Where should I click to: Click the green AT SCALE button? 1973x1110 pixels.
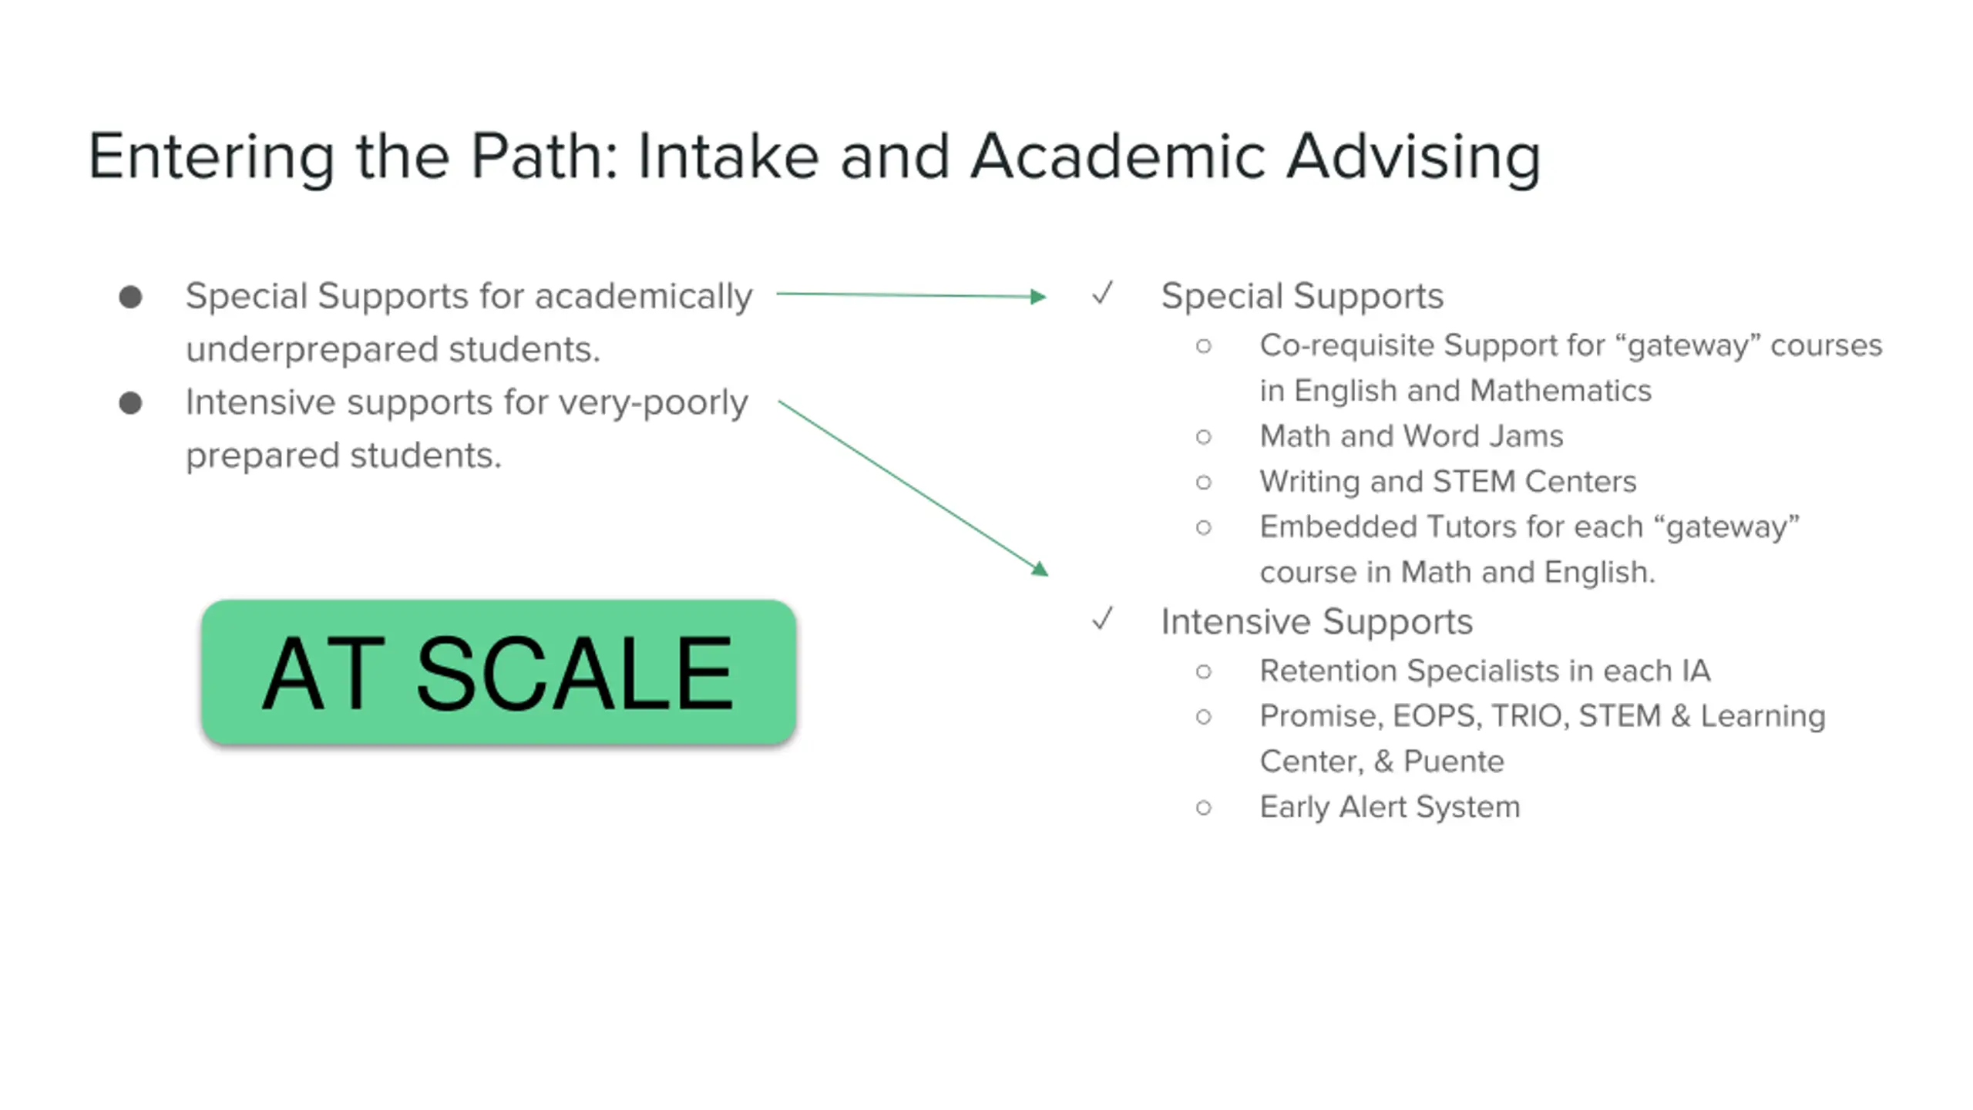pyautogui.click(x=498, y=671)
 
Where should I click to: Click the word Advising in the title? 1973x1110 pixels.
pyautogui.click(x=1413, y=157)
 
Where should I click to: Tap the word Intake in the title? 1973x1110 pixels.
pyautogui.click(x=728, y=157)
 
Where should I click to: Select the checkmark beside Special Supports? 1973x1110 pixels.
pyautogui.click(x=1103, y=294)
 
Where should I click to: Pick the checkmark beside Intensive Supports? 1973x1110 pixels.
pyautogui.click(x=1103, y=619)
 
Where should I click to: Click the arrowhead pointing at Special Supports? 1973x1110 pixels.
pyautogui.click(x=1037, y=297)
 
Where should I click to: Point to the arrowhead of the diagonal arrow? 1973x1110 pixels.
pyautogui.click(x=1040, y=569)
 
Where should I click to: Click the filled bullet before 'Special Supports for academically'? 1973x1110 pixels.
pyautogui.click(x=131, y=297)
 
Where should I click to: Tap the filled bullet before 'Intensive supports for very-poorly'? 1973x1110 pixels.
pyautogui.click(x=131, y=402)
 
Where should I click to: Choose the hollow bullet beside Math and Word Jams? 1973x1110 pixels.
pyautogui.click(x=1204, y=437)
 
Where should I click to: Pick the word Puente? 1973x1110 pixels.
pyautogui.click(x=1454, y=762)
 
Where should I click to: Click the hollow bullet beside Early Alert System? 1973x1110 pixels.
pyautogui.click(x=1204, y=808)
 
